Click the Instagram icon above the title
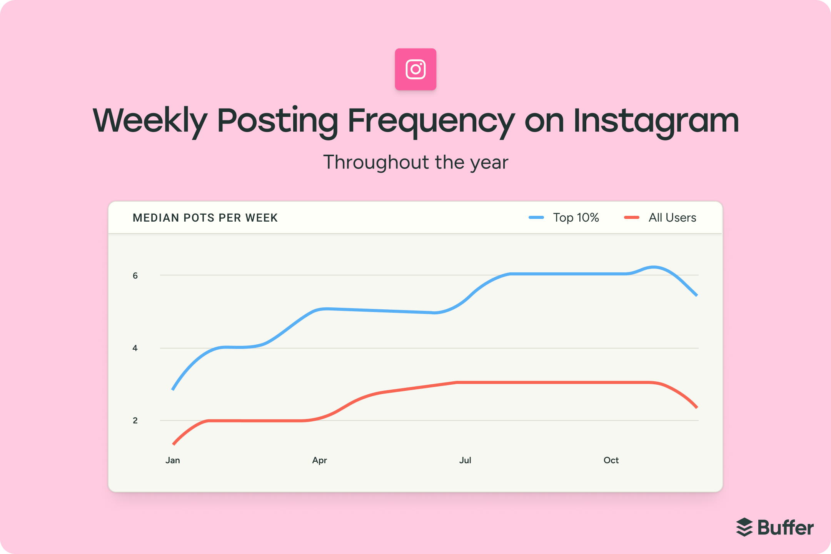pyautogui.click(x=415, y=69)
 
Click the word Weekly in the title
pyautogui.click(x=150, y=121)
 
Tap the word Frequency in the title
pyautogui.click(x=431, y=121)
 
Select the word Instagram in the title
pyautogui.click(x=656, y=121)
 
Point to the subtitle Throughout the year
pyautogui.click(x=415, y=162)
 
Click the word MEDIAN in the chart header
pyautogui.click(x=156, y=218)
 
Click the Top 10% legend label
pyautogui.click(x=576, y=218)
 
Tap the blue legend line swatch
pyautogui.click(x=536, y=218)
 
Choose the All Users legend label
pyautogui.click(x=672, y=218)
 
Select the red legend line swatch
pyautogui.click(x=632, y=218)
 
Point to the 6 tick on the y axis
pyautogui.click(x=135, y=275)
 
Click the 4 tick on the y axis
pyautogui.click(x=135, y=348)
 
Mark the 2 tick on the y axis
pyautogui.click(x=135, y=421)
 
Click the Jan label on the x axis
pyautogui.click(x=173, y=460)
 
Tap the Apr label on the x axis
pyautogui.click(x=319, y=460)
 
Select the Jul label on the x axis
pyautogui.click(x=465, y=460)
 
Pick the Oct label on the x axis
pyautogui.click(x=611, y=460)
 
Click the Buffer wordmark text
pyautogui.click(x=786, y=527)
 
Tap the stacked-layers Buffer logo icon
pyautogui.click(x=744, y=527)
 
